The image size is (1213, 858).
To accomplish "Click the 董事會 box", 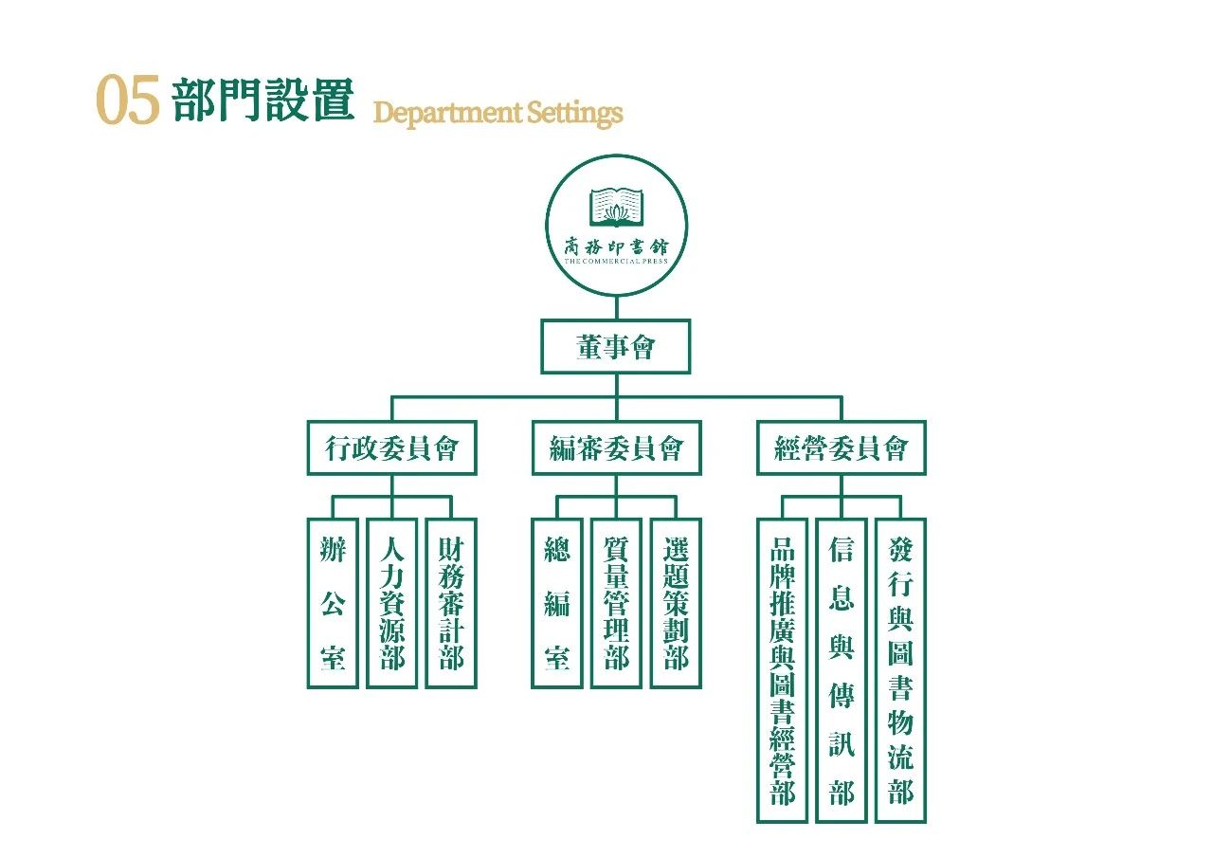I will coord(615,347).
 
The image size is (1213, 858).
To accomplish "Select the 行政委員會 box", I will coord(391,447).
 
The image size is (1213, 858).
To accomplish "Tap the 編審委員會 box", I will coord(616,447).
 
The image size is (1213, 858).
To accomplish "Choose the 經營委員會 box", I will coord(841,447).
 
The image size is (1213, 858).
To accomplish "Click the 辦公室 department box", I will coord(333,603).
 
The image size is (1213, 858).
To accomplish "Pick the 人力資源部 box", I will coord(391,603).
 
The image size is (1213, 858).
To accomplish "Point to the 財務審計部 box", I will coord(451,603).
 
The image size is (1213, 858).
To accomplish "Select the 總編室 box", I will coord(556,603).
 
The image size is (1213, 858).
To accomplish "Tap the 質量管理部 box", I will coord(616,603).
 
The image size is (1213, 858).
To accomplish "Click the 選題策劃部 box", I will coord(676,603).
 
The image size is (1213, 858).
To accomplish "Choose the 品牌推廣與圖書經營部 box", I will coord(782,670).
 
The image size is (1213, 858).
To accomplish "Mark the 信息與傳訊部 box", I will coord(841,670).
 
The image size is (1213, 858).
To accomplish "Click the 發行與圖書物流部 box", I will coord(900,670).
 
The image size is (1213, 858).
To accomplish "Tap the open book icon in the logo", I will coord(616,207).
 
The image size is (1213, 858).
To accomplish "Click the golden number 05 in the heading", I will coord(128,102).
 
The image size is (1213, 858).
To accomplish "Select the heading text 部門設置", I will coord(263,100).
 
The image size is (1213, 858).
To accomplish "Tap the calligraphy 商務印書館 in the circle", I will coord(616,246).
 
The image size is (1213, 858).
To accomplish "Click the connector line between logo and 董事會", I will coord(616,307).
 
